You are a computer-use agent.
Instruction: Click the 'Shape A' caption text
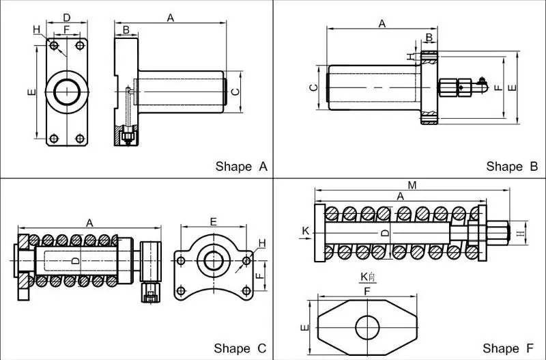[241, 166]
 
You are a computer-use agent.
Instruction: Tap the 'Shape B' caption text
[512, 166]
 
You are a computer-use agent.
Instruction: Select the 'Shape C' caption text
[240, 348]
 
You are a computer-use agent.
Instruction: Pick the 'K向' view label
[368, 277]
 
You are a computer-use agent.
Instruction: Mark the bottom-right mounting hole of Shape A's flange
[80, 139]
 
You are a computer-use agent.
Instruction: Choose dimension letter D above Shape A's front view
[66, 16]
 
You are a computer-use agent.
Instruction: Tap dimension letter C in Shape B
[312, 87]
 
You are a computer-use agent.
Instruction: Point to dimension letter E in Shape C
[213, 221]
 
